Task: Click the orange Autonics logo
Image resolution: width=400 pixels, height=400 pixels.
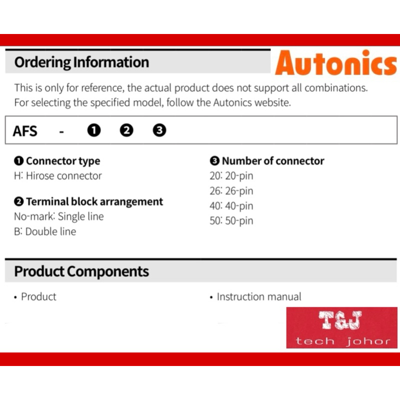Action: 336,63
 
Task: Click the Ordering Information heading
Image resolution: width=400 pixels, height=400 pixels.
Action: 81,62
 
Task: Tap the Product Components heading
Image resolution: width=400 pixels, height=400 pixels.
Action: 81,271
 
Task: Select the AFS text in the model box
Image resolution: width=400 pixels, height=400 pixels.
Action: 25,131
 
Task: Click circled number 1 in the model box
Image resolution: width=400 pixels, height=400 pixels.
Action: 94,130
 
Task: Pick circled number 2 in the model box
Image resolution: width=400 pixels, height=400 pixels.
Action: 126,130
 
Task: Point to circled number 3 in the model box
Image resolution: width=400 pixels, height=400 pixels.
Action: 159,130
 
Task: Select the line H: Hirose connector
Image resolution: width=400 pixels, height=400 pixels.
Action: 58,176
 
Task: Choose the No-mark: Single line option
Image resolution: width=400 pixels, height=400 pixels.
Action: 59,216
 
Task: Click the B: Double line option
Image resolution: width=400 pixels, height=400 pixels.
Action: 45,231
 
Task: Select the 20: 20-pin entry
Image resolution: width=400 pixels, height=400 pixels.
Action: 231,176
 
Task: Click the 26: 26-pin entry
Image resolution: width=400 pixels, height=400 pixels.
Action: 231,191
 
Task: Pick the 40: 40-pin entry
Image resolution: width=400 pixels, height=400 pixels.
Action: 231,206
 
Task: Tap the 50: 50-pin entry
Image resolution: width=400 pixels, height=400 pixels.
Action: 231,221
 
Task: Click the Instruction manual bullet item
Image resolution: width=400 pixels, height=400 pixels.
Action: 255,297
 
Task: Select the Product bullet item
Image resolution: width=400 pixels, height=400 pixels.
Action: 35,297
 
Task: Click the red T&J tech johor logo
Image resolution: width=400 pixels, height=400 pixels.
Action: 342,328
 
